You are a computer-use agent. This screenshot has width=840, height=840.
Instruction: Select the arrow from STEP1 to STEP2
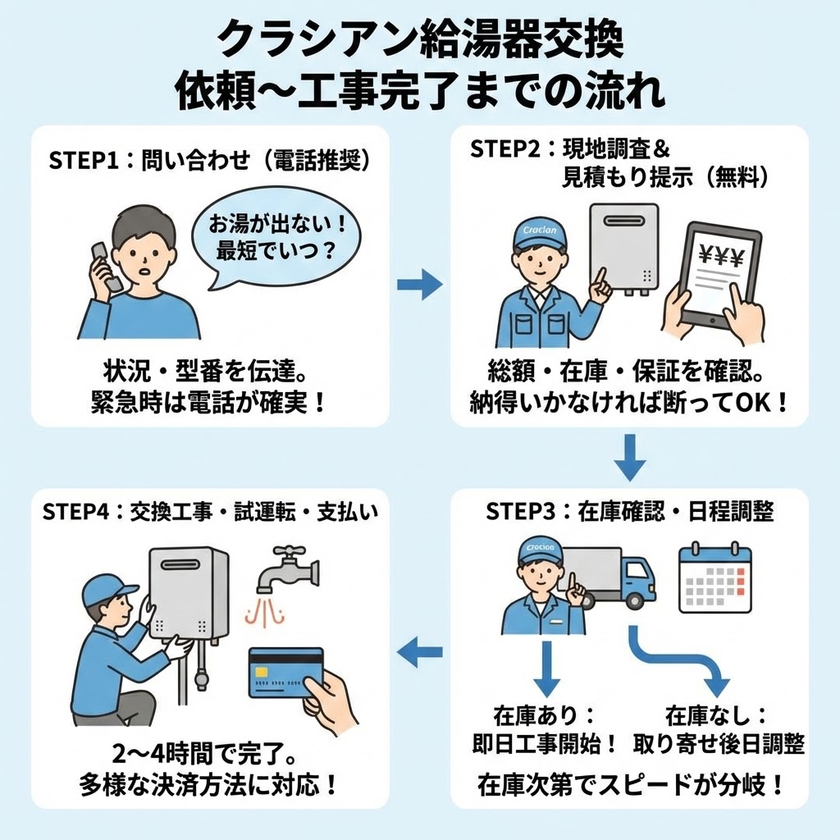coord(419,284)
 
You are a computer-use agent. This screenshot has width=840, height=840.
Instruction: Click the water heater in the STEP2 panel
coord(624,249)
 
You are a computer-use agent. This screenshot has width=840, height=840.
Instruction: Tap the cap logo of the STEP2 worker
coord(539,231)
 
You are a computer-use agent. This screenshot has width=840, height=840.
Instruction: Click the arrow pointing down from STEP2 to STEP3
coord(630,458)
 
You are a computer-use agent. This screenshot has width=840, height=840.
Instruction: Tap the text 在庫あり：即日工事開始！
coord(546,728)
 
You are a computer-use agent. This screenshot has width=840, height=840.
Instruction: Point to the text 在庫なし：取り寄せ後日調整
coord(719,728)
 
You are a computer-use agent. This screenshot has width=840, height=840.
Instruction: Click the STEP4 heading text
coord(209,512)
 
